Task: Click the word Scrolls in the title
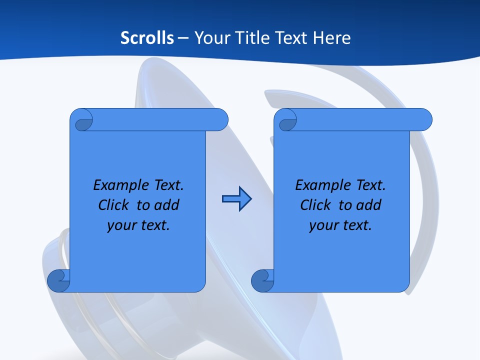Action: [x=147, y=38]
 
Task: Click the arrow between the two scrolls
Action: [x=236, y=199]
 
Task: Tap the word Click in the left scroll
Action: [x=116, y=205]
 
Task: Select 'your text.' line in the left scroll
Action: [x=138, y=225]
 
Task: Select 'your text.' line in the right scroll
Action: [x=340, y=225]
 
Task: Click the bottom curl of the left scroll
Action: [x=59, y=280]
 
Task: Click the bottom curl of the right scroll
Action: [x=262, y=280]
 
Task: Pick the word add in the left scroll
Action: [x=167, y=205]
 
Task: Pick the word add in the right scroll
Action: [x=369, y=205]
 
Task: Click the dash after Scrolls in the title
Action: [x=183, y=38]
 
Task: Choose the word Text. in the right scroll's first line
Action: [x=370, y=185]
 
